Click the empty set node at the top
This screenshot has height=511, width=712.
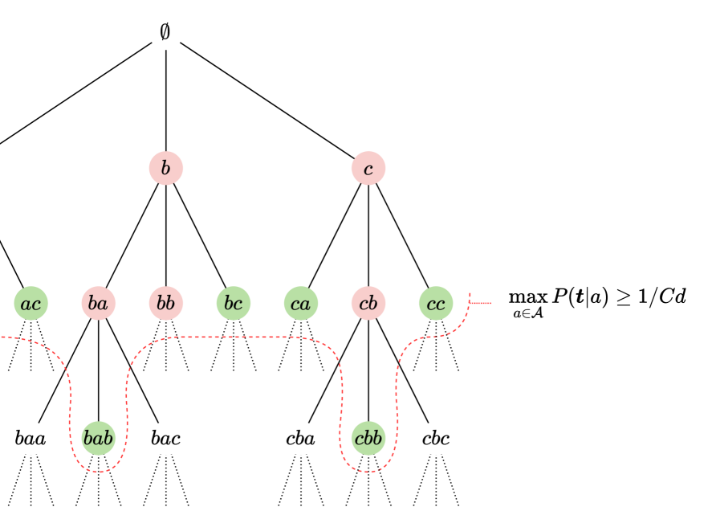166,33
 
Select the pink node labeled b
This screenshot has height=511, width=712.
166,169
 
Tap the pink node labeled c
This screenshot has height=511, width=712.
368,169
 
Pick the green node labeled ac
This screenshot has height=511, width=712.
31,304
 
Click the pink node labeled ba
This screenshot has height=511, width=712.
99,304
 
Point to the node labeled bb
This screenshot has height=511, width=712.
166,304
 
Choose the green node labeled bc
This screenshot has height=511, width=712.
234,304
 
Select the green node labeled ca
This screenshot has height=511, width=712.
301,304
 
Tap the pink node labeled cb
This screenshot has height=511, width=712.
368,304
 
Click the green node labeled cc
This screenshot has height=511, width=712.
436,304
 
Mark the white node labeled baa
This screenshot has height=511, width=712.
31,439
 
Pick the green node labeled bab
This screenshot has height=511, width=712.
99,439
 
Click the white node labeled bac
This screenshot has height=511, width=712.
166,439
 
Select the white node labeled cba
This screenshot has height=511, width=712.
301,439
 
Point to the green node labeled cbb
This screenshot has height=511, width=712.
368,439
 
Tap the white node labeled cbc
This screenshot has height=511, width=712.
436,439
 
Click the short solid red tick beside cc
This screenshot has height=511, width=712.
480,303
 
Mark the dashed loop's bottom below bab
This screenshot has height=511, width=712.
99,472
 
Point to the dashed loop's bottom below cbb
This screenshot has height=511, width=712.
368,472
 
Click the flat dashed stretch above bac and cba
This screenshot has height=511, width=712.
233,337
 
